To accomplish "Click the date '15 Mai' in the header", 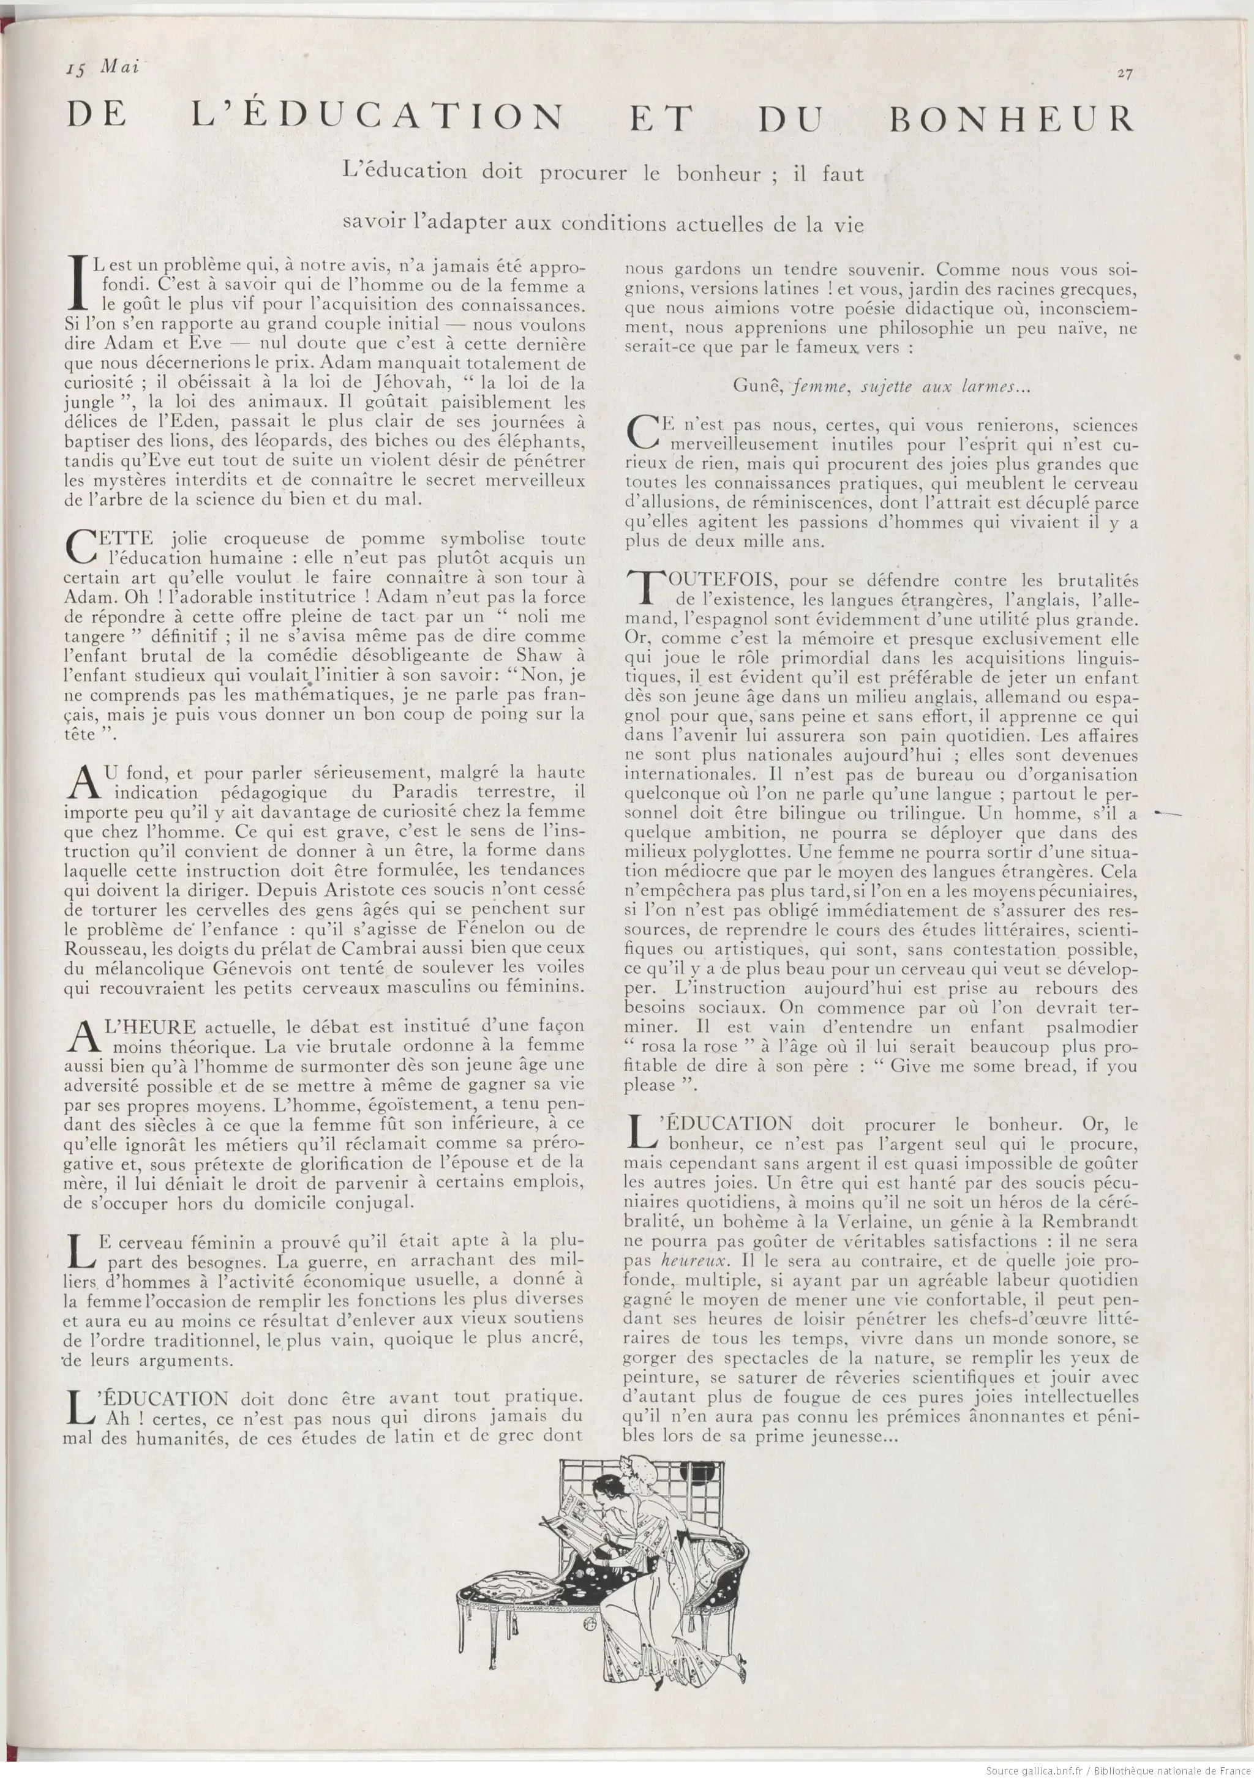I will point(102,67).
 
